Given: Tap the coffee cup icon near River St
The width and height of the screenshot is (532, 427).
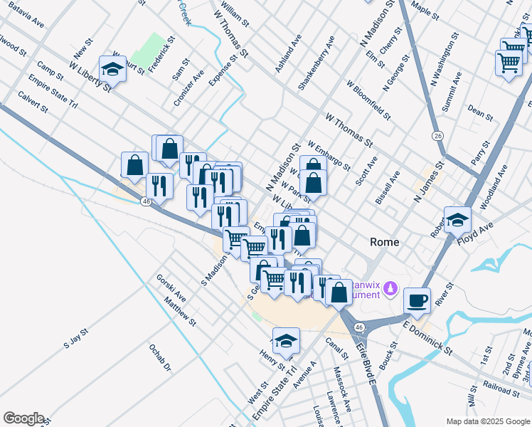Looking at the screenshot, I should pos(417,299).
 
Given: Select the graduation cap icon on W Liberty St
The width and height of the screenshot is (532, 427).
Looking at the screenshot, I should pos(113,68).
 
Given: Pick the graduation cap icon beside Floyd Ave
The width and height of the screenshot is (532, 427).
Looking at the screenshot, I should pos(457,219).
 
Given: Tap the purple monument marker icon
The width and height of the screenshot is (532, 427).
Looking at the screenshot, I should pos(390,288).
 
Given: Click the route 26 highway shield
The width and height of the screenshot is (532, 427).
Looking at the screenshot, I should pos(437,135).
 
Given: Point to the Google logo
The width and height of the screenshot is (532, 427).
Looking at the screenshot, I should pos(23,418).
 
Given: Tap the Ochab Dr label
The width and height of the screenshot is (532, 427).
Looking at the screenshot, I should pos(160,358).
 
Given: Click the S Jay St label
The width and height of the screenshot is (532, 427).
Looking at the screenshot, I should pos(75,338).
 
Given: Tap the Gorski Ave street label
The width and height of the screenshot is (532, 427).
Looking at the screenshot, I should pos(171,288).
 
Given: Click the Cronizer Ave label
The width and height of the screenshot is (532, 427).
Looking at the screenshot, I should pos(188,88).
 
